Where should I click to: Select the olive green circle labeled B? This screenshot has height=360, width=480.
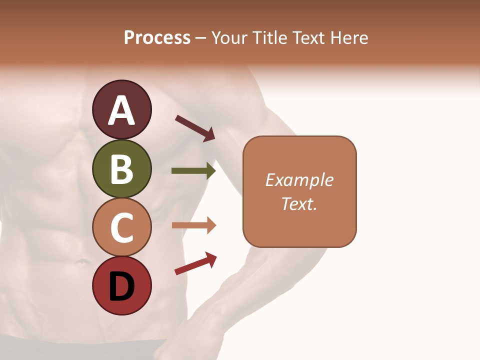122,168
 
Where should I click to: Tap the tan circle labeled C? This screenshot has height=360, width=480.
122,227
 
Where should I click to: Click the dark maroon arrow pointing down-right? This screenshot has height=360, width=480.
195,128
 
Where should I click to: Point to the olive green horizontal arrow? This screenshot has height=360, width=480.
193,171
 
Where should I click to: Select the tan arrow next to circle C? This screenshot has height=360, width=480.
193,225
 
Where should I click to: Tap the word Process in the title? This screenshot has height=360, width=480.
157,38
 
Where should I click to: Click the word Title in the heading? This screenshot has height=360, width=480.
269,38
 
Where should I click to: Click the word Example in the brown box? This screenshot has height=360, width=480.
299,180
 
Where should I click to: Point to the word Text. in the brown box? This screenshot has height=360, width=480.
299,203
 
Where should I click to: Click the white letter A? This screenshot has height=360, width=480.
122,110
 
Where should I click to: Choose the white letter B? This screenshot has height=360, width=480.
122,169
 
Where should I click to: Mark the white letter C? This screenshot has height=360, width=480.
122,227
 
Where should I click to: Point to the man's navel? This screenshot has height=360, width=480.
80,261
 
